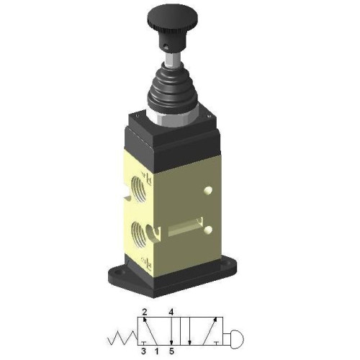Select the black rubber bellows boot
[172, 89]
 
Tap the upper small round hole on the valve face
[208, 191]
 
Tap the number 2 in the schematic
[144, 312]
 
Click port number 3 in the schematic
[144, 351]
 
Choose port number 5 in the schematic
[171, 351]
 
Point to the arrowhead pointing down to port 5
[171, 341]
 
